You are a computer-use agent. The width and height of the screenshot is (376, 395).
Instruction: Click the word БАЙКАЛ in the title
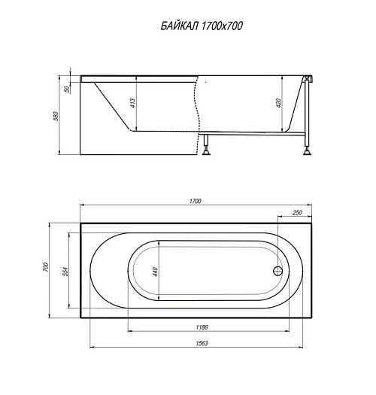coord(180,26)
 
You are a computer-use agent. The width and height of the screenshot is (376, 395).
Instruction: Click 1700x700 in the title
coord(222,26)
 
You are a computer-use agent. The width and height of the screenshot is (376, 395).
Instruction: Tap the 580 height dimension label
coord(56,116)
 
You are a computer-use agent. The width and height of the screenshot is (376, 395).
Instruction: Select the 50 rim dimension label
coord(67,90)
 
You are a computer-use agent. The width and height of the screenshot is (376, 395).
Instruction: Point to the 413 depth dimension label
coord(132,103)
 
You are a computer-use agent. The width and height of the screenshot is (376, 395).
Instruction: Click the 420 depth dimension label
coord(278,103)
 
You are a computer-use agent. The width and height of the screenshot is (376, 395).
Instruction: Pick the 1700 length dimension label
coord(196,201)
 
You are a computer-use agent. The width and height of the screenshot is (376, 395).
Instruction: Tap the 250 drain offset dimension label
coord(297,213)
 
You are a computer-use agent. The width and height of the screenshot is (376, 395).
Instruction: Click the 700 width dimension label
coord(46,267)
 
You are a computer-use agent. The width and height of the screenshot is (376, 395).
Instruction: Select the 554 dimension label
coord(65,272)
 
